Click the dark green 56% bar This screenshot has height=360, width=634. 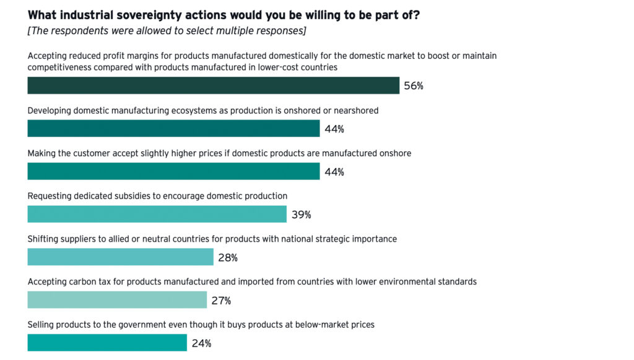pos(213,86)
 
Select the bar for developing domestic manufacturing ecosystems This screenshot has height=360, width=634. pos(173,128)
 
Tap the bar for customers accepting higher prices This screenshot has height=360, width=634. pos(173,171)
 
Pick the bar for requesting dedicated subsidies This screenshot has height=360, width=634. pos(157,214)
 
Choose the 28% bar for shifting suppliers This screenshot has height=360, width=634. pos(120,257)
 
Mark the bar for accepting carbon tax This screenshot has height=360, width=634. pos(117,300)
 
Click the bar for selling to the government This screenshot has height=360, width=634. pos(107,343)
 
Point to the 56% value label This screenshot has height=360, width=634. pos(414,86)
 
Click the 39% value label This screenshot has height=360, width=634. pos(301,215)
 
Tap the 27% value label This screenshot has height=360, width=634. pos(221,301)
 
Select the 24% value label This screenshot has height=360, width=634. pos(201,343)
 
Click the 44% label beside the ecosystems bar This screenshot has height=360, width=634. pos(334,129)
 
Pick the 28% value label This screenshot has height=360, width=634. pos(228,258)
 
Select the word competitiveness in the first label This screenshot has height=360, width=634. pos(61,67)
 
